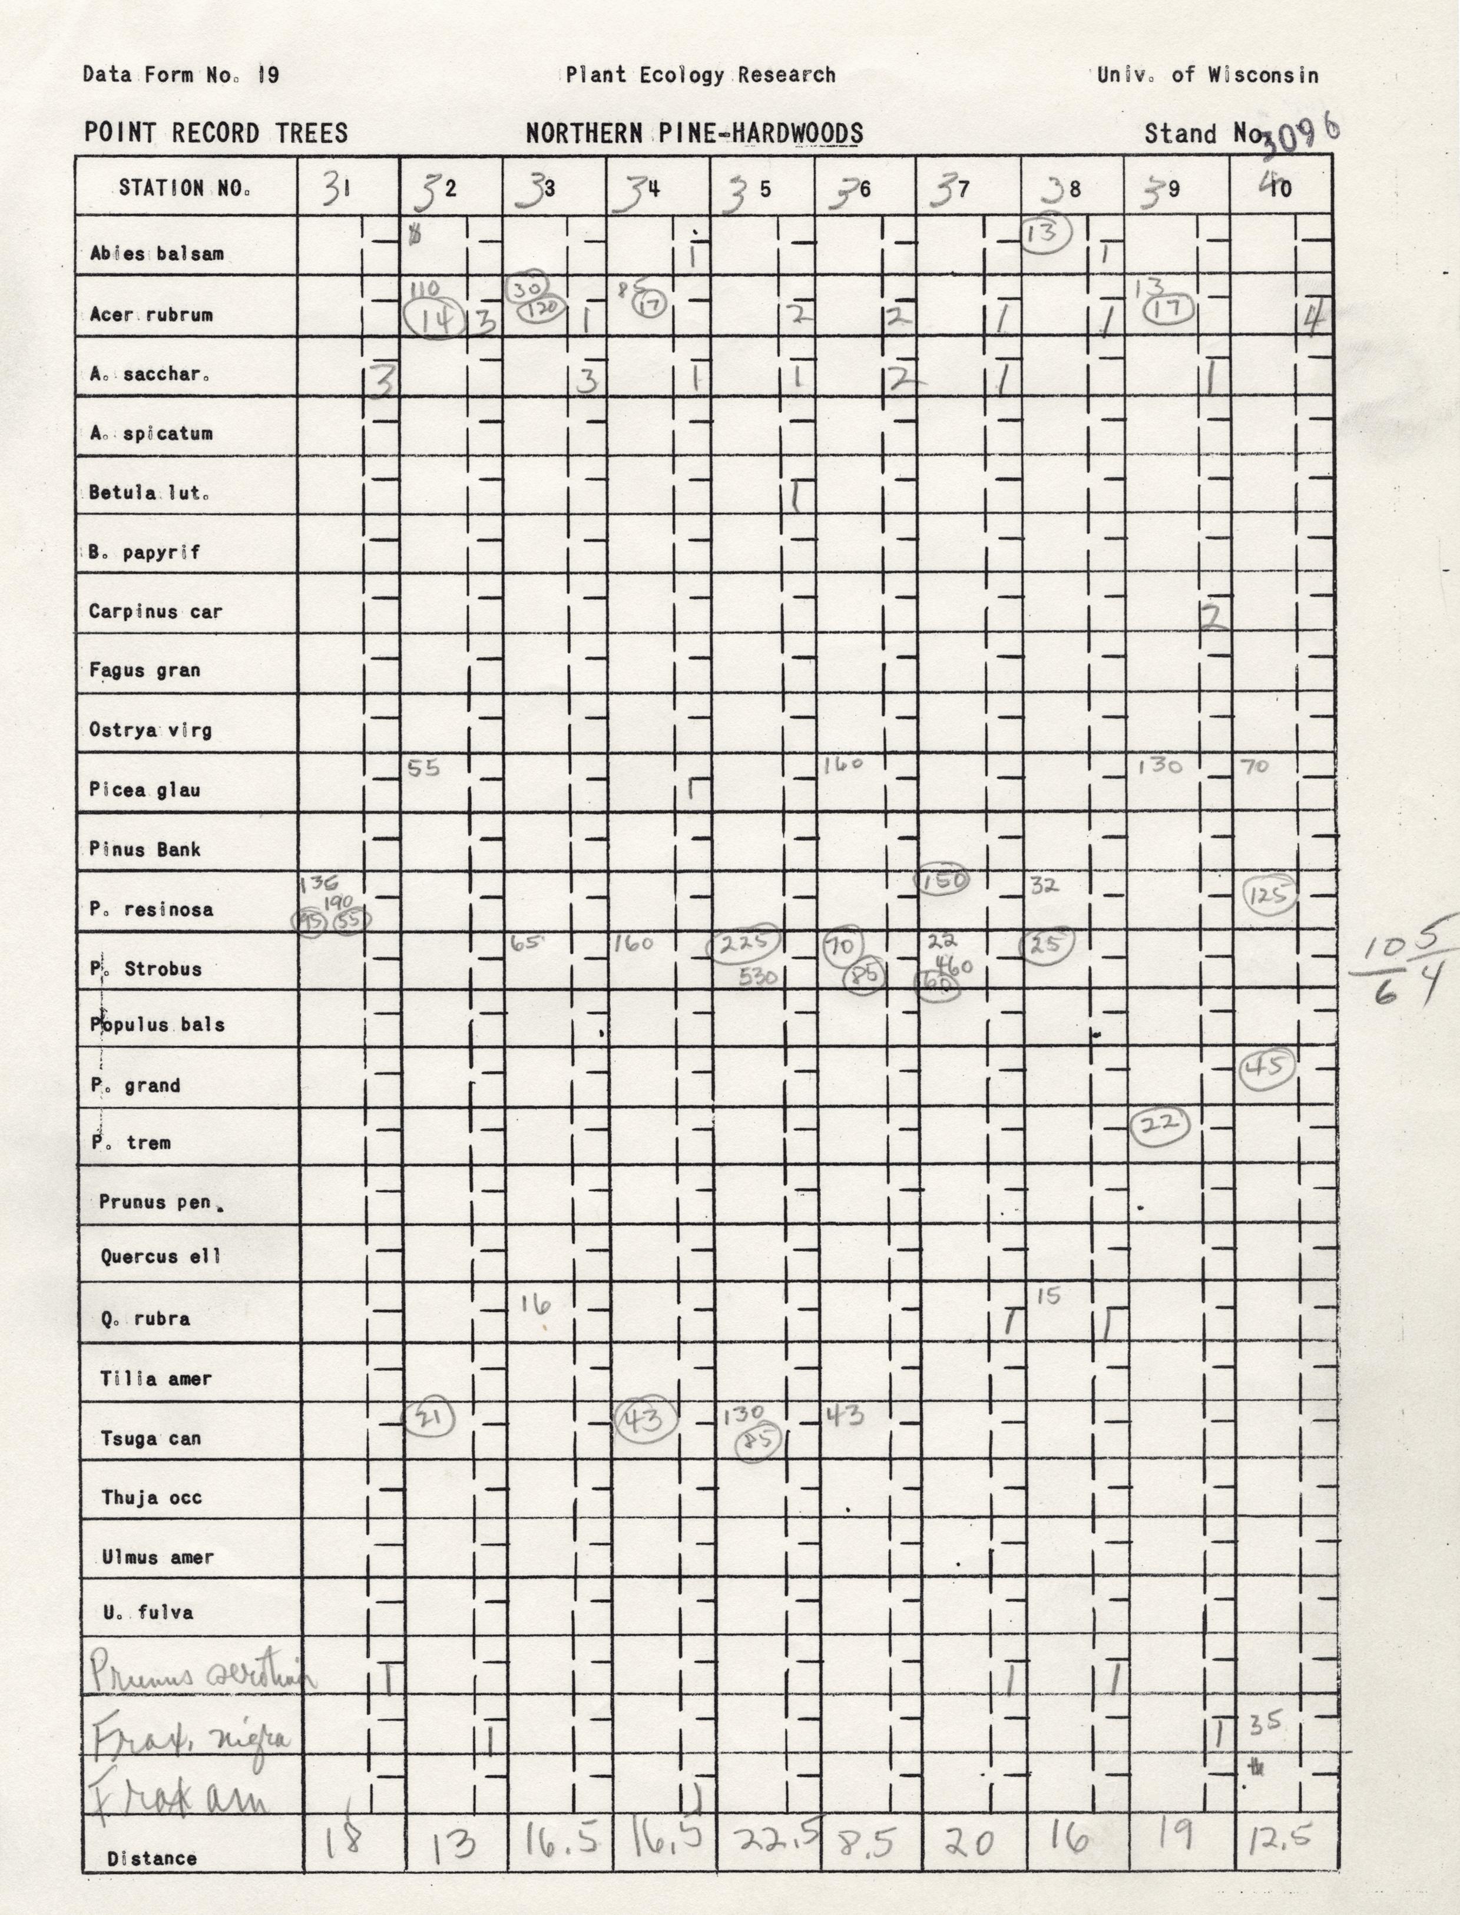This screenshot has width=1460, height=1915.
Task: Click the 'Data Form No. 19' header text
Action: tap(181, 75)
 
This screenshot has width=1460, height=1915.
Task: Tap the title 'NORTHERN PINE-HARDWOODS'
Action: tap(694, 134)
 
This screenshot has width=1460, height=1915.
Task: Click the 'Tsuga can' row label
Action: tap(151, 1438)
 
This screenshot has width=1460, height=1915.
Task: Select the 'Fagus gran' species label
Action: tap(144, 670)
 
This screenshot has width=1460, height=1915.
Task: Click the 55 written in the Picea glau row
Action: tap(424, 768)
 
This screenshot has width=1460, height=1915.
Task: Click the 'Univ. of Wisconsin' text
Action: tap(1207, 75)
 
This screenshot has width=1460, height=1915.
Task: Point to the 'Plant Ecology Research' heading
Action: tap(700, 75)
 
